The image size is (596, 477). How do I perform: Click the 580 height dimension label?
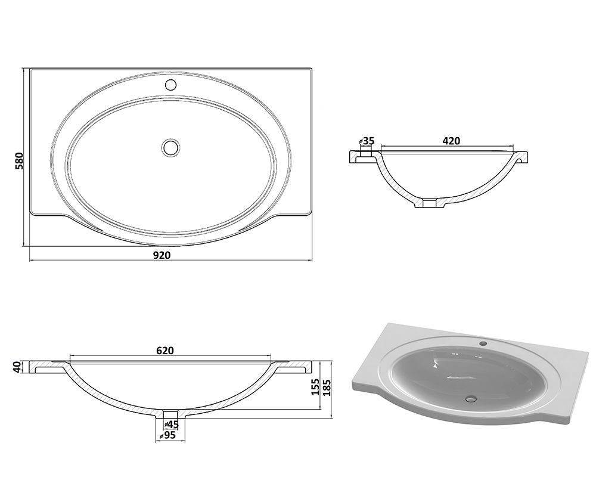click(x=19, y=161)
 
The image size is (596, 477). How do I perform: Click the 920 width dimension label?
click(x=162, y=255)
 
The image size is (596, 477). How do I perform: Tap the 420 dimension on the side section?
click(x=451, y=141)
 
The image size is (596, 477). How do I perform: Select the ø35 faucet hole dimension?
click(x=367, y=141)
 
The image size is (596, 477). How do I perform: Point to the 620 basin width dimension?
click(x=165, y=351)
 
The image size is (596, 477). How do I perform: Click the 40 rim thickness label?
click(x=17, y=367)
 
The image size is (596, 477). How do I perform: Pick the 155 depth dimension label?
click(x=315, y=387)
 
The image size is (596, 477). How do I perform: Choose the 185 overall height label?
click(x=327, y=387)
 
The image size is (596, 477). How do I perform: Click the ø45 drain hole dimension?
click(x=171, y=424)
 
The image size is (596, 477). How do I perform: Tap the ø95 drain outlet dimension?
click(x=167, y=435)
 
